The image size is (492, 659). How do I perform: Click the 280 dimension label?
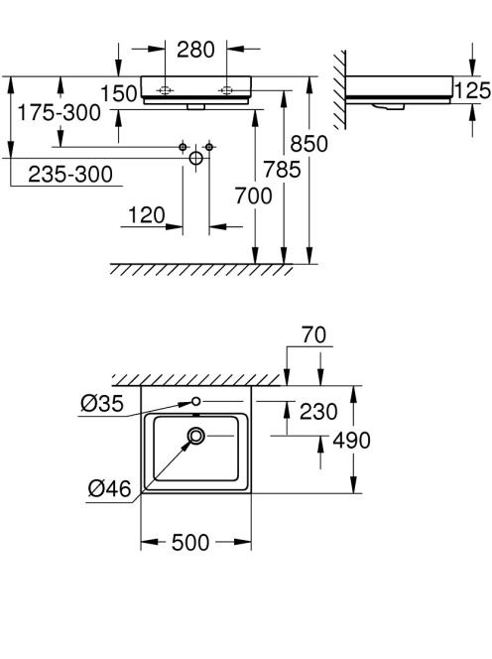(195, 50)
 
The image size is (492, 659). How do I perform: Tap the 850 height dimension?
(308, 144)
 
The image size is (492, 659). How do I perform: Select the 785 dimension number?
(282, 170)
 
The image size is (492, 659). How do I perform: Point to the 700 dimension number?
(253, 196)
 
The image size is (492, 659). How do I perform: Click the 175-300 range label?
(59, 112)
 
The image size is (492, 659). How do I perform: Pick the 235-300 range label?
(70, 174)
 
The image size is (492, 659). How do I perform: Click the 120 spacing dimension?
(146, 215)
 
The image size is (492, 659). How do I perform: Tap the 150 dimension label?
(119, 93)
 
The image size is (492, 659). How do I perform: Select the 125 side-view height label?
(473, 90)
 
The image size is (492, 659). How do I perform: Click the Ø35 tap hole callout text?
(102, 404)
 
